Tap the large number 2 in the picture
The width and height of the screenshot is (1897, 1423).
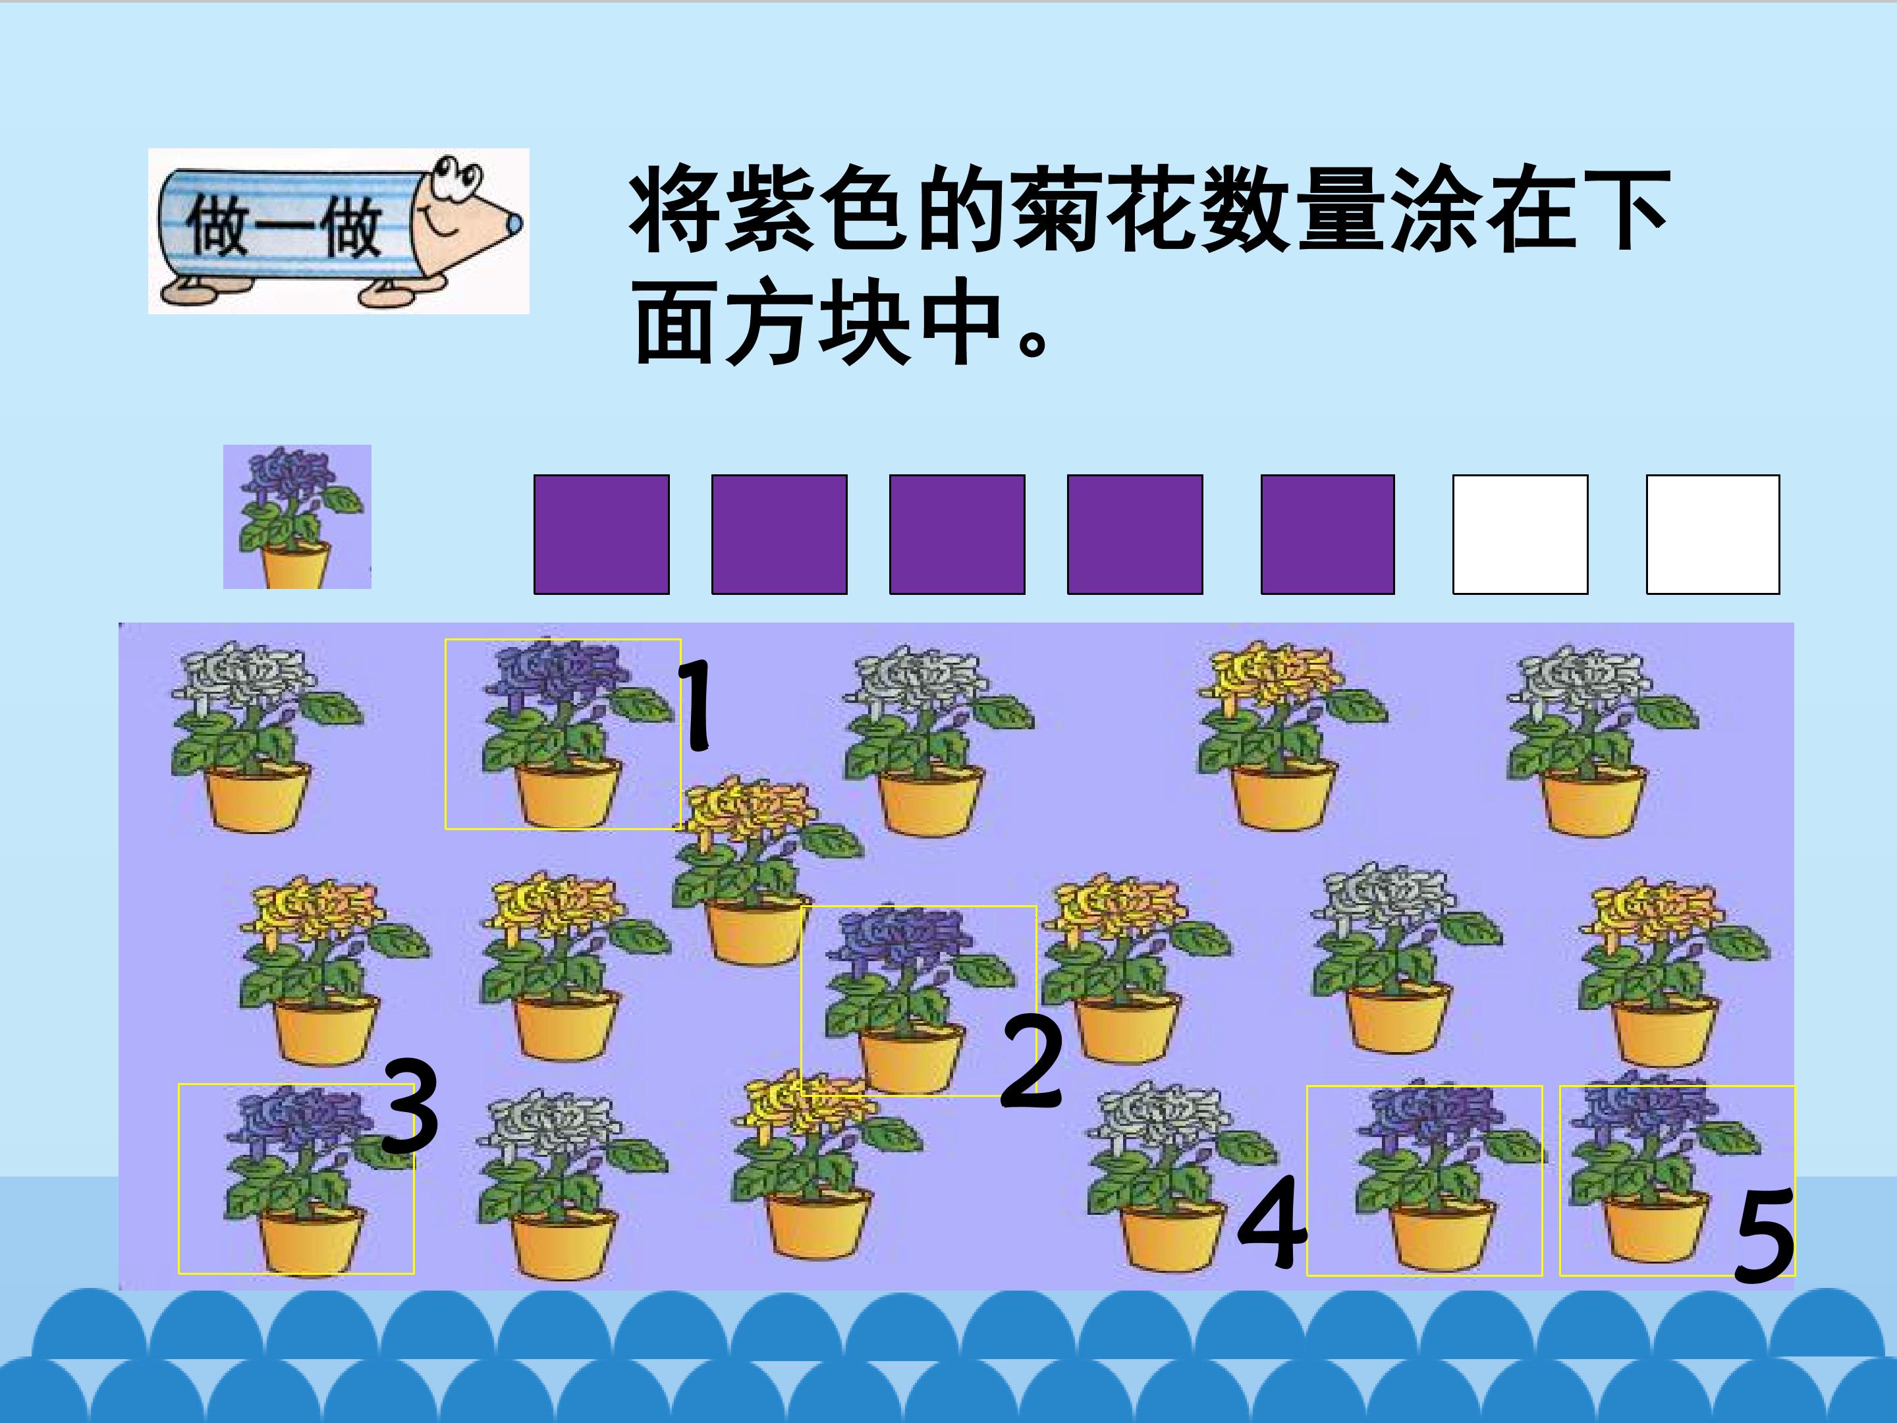tap(1031, 1062)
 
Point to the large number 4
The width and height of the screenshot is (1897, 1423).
tap(1273, 1221)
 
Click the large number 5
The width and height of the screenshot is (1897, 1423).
tap(1765, 1235)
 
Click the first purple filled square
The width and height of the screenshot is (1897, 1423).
tap(601, 534)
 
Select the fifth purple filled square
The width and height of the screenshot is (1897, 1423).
tap(1327, 534)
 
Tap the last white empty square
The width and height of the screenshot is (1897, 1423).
tap(1713, 534)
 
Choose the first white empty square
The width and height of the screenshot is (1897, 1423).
tap(1520, 534)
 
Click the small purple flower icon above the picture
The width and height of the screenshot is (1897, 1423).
tap(296, 516)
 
